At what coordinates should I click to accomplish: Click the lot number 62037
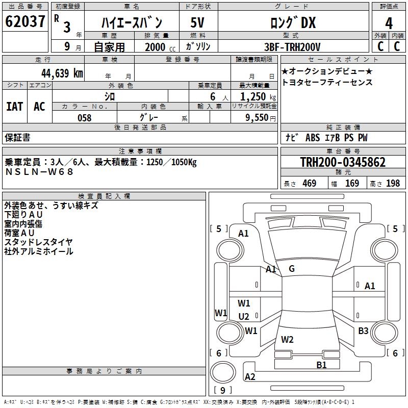pyautogui.click(x=25, y=21)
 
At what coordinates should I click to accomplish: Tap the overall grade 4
pyautogui.click(x=389, y=23)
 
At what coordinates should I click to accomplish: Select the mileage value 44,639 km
pyautogui.click(x=62, y=73)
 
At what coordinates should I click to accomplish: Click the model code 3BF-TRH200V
pyautogui.click(x=292, y=47)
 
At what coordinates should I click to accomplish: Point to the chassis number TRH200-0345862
pyautogui.click(x=343, y=162)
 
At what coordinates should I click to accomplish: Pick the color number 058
pyautogui.click(x=85, y=118)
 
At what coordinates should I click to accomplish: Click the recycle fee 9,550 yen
pyautogui.click(x=261, y=118)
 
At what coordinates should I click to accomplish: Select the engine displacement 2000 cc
pyautogui.click(x=160, y=47)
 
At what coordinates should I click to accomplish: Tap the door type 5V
pyautogui.click(x=197, y=22)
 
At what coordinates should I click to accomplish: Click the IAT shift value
pyautogui.click(x=15, y=107)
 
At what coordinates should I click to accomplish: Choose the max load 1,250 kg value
pyautogui.click(x=258, y=97)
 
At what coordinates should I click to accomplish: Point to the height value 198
pyautogui.click(x=393, y=183)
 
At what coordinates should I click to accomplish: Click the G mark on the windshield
pyautogui.click(x=292, y=269)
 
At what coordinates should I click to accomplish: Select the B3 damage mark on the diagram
pyautogui.click(x=363, y=330)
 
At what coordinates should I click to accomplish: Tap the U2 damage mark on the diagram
pyautogui.click(x=244, y=316)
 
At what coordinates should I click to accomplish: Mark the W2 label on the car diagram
pyautogui.click(x=287, y=339)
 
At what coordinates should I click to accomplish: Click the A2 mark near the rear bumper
pyautogui.click(x=250, y=376)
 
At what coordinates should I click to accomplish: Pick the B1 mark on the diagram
pyautogui.click(x=321, y=365)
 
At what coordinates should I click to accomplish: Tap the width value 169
pyautogui.click(x=352, y=183)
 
